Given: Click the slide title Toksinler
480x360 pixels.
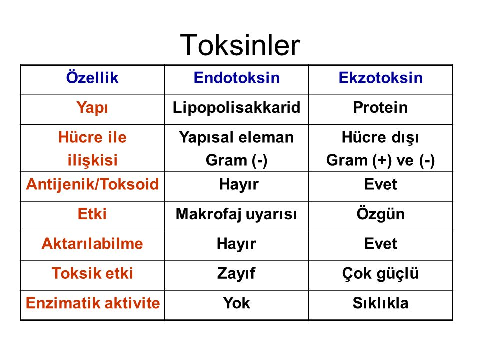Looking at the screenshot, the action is coord(240,45).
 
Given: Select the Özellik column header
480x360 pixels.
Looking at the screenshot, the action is coord(92,77).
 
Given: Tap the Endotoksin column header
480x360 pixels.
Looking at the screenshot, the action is coord(237,78).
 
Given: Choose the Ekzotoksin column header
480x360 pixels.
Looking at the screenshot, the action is coord(381,78).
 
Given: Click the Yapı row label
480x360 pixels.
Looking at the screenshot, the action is coord(92,108).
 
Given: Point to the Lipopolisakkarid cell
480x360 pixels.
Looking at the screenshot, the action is coord(236,108).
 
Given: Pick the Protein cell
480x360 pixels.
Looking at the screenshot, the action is coord(380,108).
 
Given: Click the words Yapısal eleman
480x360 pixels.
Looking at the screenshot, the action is coord(236,138).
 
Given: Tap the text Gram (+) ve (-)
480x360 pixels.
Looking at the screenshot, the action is coord(380,160).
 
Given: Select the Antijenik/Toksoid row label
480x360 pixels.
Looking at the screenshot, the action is coord(93,184).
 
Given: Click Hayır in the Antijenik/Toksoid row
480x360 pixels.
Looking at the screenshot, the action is coord(239,185).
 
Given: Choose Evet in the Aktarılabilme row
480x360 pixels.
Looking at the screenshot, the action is coord(380,244).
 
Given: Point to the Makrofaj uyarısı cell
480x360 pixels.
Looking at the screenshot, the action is coord(236,214).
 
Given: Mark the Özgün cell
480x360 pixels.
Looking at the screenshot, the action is coord(381,213).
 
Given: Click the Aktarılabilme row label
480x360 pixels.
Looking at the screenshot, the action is coord(92,244).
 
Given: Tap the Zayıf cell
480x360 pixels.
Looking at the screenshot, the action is coord(236,273).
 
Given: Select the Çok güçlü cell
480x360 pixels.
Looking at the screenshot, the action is coord(380,273).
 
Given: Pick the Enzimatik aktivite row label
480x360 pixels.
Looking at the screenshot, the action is coord(93,303).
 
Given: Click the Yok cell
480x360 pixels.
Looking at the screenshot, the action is coord(236,303).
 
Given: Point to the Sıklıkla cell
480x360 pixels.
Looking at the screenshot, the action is coord(380,303).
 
